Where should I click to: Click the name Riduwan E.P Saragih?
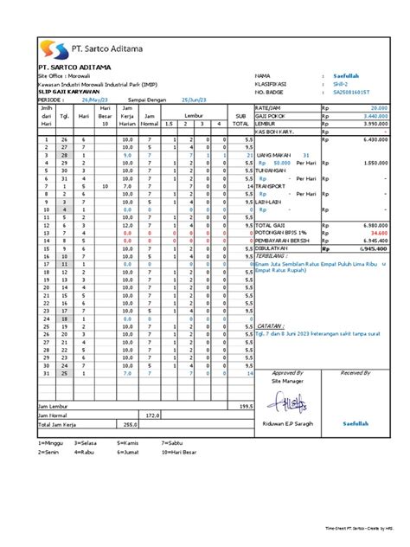[294, 424]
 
